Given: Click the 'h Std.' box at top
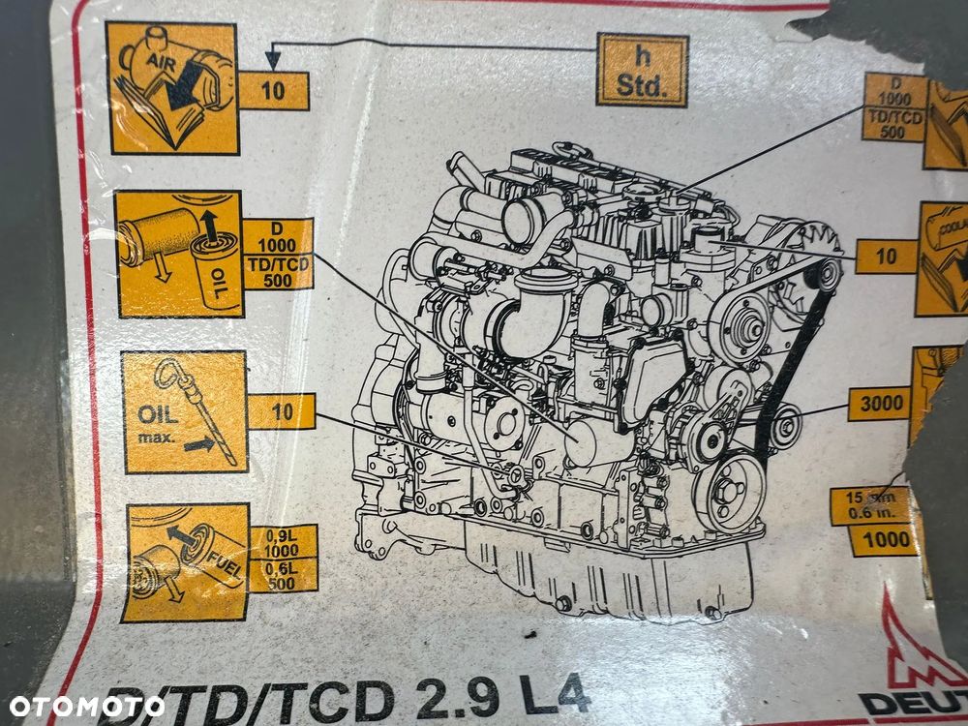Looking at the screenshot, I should pyautogui.click(x=642, y=70).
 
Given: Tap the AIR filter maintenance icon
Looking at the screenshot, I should pyautogui.click(x=172, y=88).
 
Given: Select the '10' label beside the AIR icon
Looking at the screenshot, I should pyautogui.click(x=273, y=91).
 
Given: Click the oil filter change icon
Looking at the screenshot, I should pyautogui.click(x=179, y=254).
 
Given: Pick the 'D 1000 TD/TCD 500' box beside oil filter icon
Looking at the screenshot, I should pyautogui.click(x=278, y=254).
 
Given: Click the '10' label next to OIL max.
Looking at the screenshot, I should pyautogui.click(x=283, y=411).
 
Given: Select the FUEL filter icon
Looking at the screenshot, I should pyautogui.click(x=188, y=562).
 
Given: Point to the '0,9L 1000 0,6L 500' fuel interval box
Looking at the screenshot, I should pyautogui.click(x=283, y=560).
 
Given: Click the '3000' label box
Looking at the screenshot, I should pyautogui.click(x=879, y=404).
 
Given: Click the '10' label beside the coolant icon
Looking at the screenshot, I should pyautogui.click(x=886, y=257).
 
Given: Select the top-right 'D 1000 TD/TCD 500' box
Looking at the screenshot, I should pyautogui.click(x=894, y=106).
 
